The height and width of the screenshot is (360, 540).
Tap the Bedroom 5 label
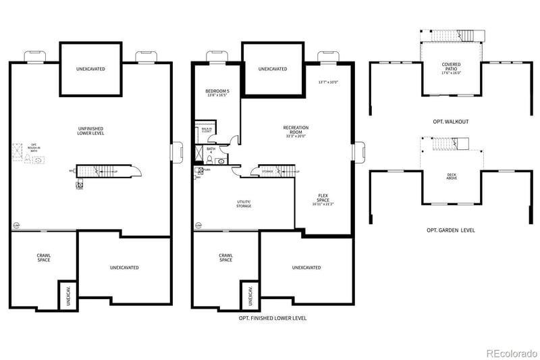tap(217, 93)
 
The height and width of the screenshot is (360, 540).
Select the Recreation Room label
tap(296, 131)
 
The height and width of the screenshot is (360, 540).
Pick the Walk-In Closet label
tap(206, 130)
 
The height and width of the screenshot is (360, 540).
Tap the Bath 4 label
tap(210, 150)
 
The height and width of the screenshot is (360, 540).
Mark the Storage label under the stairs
tap(268, 172)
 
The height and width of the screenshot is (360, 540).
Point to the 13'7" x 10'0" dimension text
tap(328, 82)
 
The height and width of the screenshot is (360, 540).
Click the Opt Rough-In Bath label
tap(33, 149)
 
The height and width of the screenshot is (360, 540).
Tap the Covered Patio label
tap(452, 68)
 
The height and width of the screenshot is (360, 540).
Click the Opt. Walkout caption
tap(451, 122)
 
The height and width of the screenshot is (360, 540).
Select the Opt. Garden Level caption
tap(450, 230)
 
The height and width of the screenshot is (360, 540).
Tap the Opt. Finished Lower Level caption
tap(273, 317)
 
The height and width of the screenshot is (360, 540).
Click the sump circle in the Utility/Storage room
tap(197, 225)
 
